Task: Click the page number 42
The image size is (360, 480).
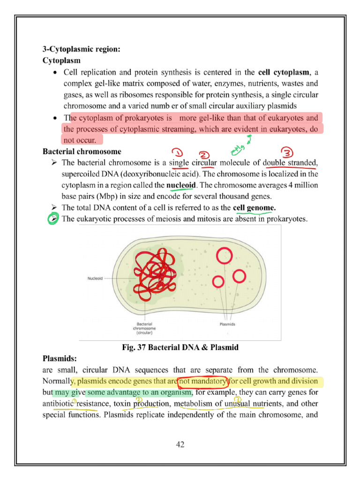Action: click(x=180, y=444)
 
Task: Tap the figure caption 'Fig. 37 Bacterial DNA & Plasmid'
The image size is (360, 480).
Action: click(x=180, y=347)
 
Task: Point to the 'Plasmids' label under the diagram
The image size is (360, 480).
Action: click(x=227, y=324)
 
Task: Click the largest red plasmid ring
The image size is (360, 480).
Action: click(x=225, y=255)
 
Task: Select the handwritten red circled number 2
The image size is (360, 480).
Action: click(x=205, y=155)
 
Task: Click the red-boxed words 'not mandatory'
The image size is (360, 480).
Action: click(x=202, y=381)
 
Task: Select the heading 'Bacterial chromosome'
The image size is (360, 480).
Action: click(x=82, y=152)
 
